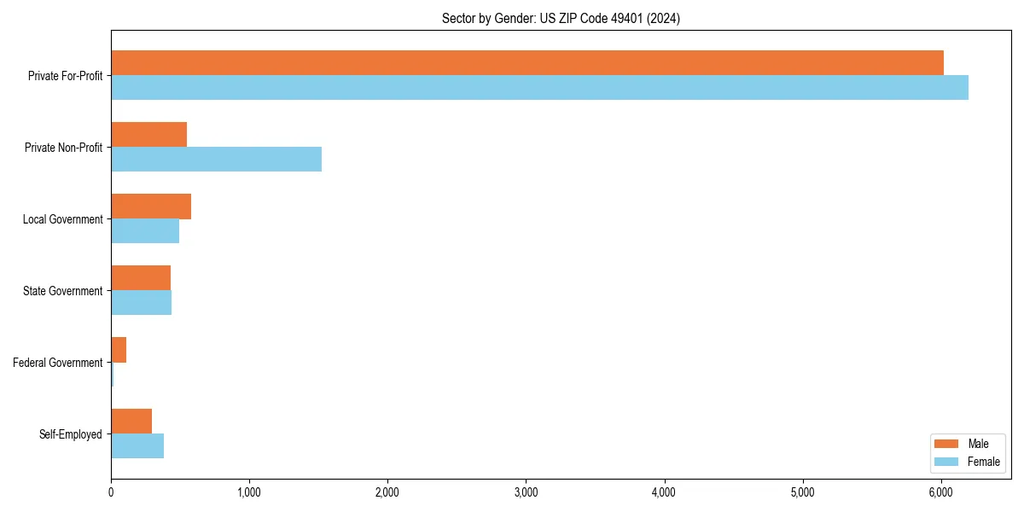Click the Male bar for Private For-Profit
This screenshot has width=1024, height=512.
coord(527,63)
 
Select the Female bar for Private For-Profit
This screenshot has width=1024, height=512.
coord(539,88)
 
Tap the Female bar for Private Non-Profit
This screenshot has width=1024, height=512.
coord(216,160)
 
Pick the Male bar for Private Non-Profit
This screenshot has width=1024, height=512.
coord(148,135)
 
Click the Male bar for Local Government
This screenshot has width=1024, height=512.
coord(151,207)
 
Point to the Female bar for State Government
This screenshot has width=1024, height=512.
coord(141,303)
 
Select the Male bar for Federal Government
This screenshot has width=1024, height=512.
coord(119,350)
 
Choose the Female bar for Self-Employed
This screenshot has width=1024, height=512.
coord(137,446)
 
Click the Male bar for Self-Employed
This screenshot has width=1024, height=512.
coord(131,422)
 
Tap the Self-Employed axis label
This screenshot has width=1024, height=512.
coord(71,434)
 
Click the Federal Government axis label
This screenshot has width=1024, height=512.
coord(58,363)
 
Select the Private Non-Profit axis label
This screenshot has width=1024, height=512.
coord(63,148)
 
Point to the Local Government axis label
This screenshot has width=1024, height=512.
coord(63,219)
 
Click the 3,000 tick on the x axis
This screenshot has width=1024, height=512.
coord(526,492)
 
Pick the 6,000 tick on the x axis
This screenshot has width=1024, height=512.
coord(940,492)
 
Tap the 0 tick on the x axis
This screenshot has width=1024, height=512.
coord(111,492)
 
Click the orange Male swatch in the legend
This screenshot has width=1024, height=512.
coord(946,444)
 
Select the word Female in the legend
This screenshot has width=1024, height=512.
coord(983,462)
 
